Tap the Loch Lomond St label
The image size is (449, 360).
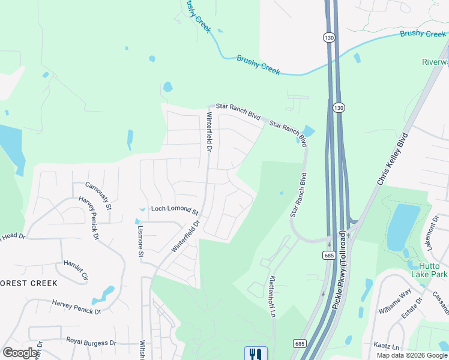point(175,210)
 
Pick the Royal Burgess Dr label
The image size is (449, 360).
point(91,343)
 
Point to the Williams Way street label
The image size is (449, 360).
point(394,301)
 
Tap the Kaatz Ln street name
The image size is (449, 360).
point(386,347)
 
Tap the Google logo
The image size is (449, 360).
point(20,353)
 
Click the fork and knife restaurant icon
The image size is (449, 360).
point(256,353)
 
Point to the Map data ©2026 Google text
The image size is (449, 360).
point(412,355)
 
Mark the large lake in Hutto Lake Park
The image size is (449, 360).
point(404,227)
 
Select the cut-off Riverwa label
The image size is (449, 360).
point(435,62)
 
